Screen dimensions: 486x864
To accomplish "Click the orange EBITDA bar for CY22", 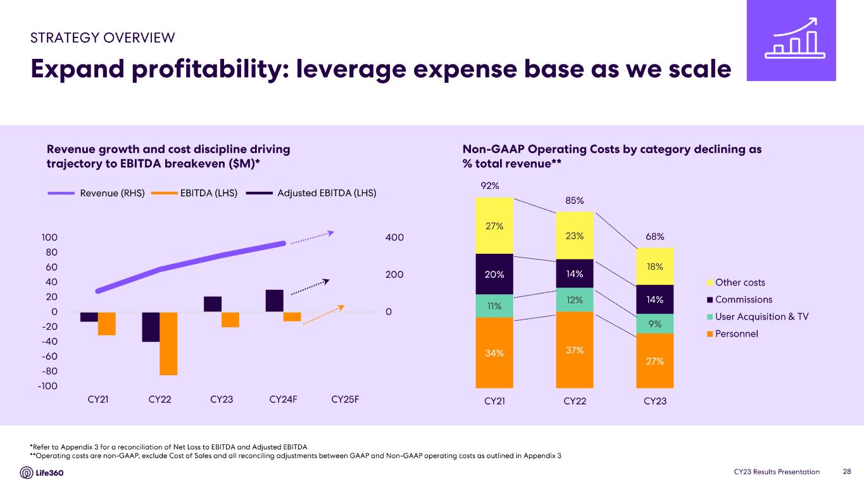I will [x=168, y=344].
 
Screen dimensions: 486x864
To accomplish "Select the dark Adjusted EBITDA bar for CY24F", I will [x=274, y=301].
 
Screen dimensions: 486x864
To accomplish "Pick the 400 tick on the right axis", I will [x=394, y=237].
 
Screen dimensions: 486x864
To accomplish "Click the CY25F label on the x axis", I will [x=345, y=400].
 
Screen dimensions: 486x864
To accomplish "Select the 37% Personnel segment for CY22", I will [x=575, y=350].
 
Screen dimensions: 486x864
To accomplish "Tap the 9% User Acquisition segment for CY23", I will [x=654, y=323].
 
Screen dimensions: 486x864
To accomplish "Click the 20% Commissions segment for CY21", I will [x=494, y=275].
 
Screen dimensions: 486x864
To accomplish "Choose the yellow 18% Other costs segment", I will [x=654, y=266].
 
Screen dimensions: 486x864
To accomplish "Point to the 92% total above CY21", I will [x=490, y=186].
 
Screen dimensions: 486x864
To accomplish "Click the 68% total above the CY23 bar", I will [x=654, y=237].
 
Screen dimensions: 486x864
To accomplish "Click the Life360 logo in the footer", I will [x=42, y=473].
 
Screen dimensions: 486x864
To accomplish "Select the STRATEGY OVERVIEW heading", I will [x=103, y=37].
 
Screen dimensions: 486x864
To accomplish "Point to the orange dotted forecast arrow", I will [x=323, y=315].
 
